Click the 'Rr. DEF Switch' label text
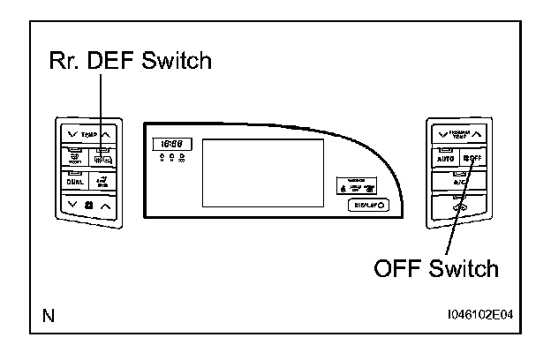(130, 61)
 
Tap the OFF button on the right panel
(472, 158)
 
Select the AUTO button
(444, 158)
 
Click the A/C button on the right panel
(458, 182)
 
